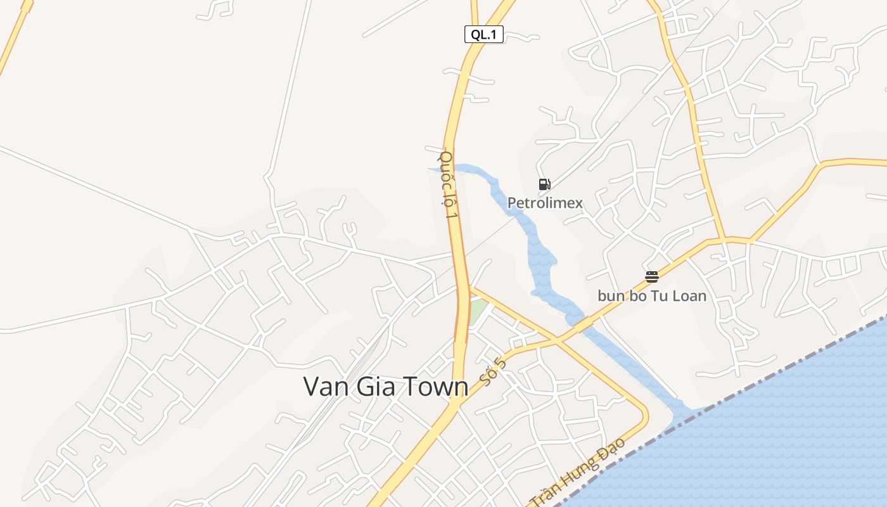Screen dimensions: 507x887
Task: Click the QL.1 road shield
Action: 484,35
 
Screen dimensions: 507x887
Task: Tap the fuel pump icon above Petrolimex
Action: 544,184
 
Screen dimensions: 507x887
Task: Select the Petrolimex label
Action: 545,203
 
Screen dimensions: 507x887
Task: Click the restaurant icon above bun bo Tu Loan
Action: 652,276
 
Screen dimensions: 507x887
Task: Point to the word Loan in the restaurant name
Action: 686,296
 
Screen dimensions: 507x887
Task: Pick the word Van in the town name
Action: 324,387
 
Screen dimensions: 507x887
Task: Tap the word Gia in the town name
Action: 375,387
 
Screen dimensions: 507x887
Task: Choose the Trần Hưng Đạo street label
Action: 577,472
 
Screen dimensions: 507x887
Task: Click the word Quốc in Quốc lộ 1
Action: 446,166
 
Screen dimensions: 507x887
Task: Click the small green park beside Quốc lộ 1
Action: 478,311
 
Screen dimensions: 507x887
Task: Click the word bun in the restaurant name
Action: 610,296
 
